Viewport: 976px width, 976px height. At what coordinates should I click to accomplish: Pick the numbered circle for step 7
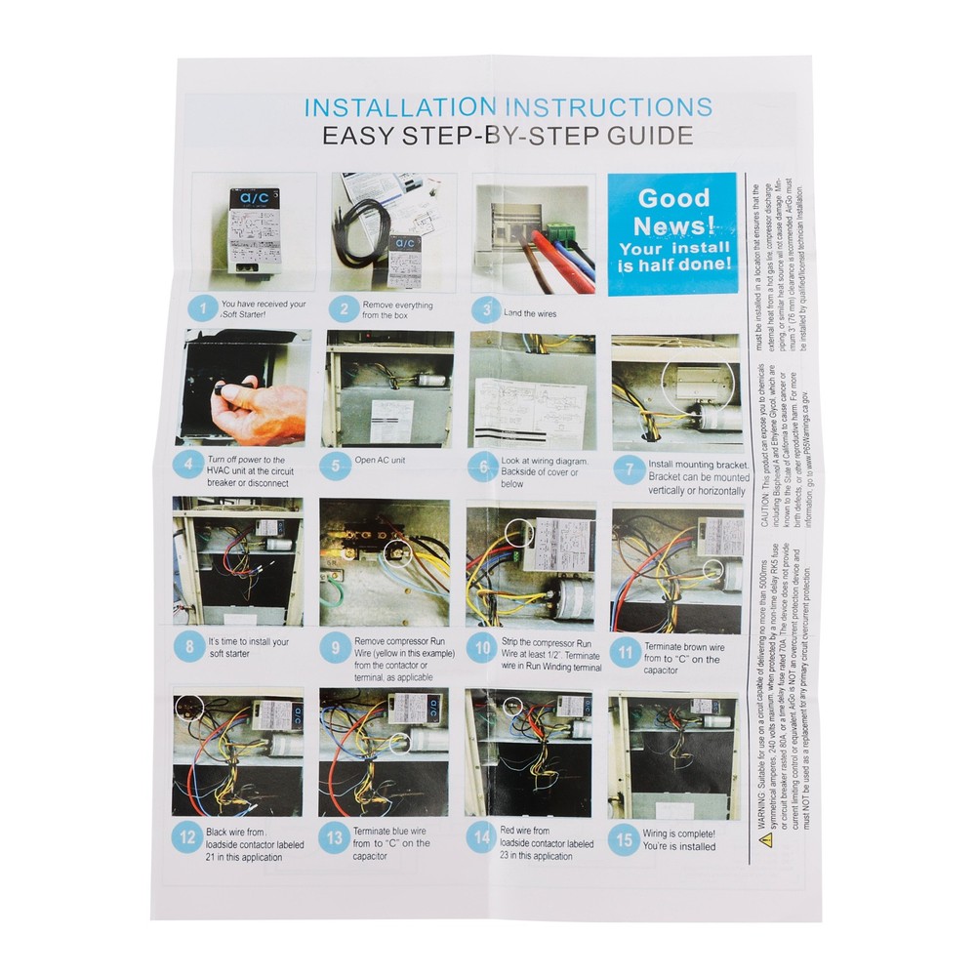click(629, 469)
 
